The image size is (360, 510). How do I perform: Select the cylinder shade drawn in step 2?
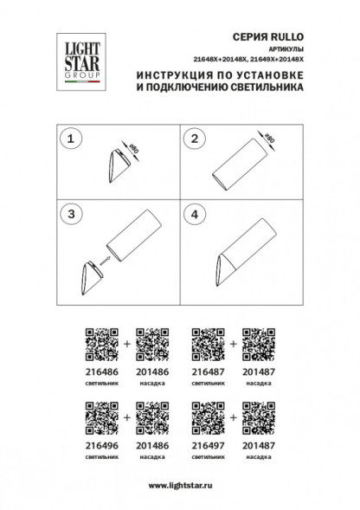(247, 166)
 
